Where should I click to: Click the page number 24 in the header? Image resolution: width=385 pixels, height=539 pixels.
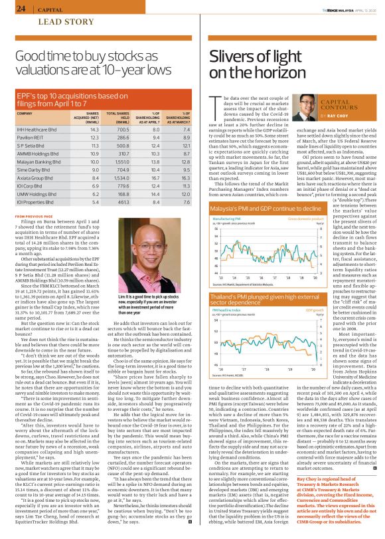(21, 9)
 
